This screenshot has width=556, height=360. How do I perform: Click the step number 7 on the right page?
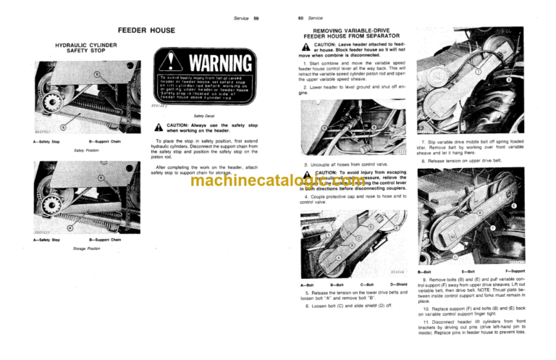[x=424, y=141]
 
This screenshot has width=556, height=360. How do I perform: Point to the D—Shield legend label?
[x=400, y=285]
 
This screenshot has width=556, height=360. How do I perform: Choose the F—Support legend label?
[x=516, y=270]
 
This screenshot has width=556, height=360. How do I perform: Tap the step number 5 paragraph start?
[x=307, y=292]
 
